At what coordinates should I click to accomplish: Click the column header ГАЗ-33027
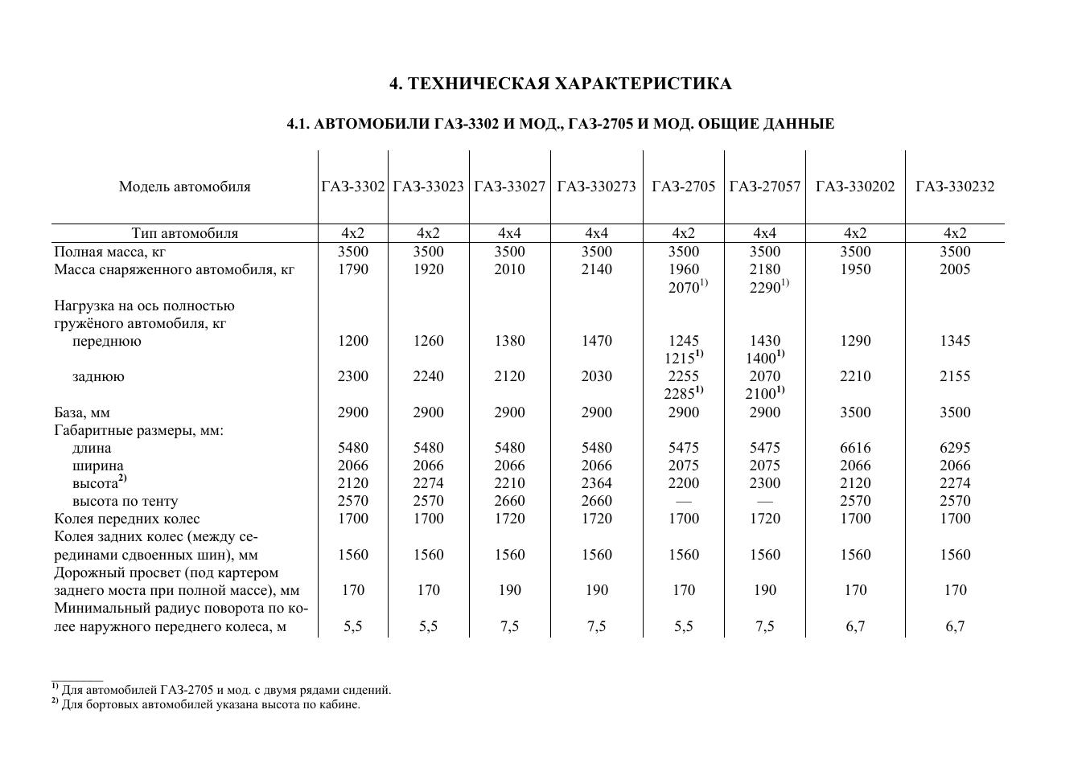point(510,187)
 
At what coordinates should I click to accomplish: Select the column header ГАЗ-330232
point(955,187)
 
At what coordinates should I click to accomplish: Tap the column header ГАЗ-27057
point(765,187)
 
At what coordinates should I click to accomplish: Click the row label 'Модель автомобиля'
point(184,187)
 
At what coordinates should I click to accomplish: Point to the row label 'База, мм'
point(82,412)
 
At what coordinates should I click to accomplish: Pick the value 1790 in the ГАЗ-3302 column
point(353,269)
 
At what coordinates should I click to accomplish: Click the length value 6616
point(855,448)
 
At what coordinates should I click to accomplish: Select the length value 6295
point(955,448)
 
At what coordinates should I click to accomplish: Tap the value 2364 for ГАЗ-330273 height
point(596,483)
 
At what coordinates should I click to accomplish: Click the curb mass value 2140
point(596,269)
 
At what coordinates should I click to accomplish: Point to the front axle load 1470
point(596,341)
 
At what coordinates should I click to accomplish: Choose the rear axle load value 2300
point(353,376)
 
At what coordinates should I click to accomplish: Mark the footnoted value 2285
point(680,394)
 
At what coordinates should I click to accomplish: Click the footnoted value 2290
point(765,287)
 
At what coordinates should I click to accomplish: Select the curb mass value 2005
point(955,269)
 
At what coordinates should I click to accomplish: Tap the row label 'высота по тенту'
point(125,501)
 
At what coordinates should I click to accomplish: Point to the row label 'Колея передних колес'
point(127,519)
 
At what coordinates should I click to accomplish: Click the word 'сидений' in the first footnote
point(368,690)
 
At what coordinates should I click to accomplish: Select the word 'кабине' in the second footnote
point(339,704)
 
